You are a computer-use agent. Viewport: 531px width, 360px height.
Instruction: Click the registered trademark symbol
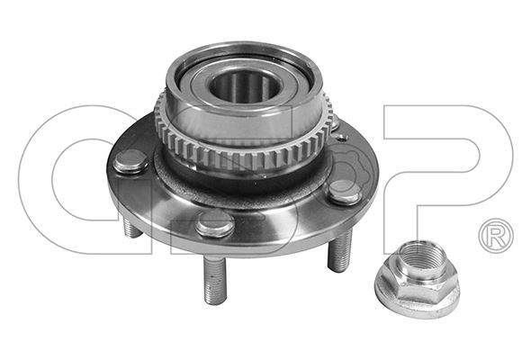[496, 236]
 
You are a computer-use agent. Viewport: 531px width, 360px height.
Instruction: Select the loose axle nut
[418, 279]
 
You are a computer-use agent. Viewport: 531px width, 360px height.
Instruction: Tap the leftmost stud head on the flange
[130, 161]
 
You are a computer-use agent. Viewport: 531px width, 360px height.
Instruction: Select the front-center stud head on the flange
[215, 223]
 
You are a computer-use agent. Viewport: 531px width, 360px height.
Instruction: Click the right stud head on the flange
[344, 192]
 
